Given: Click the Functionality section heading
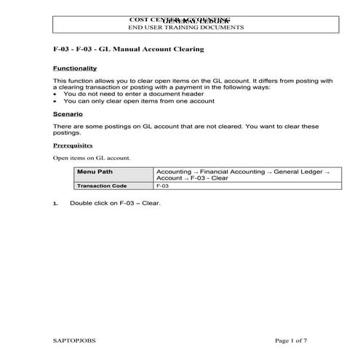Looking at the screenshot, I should tap(75, 68).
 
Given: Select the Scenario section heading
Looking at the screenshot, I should tap(68, 115).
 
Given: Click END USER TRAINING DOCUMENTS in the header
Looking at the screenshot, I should tap(185, 27).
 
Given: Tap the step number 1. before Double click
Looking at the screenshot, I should tap(55, 203).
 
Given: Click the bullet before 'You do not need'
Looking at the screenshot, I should tap(56, 95).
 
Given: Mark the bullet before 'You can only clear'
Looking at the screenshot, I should tap(56, 102).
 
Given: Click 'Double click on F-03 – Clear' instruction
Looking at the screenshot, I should tap(115, 203).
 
